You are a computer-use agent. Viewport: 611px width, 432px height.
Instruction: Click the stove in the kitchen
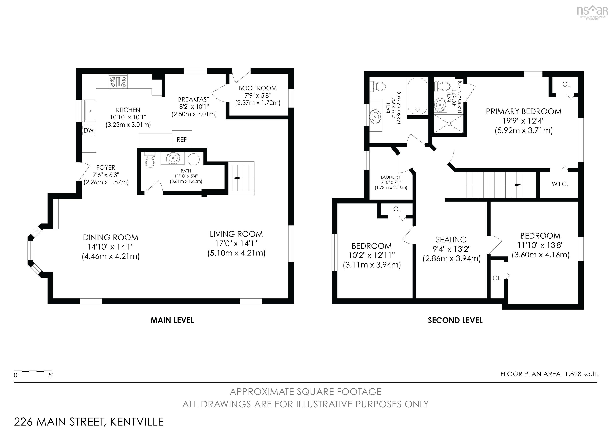pos(118,82)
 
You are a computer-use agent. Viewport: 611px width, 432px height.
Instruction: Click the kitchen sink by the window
pos(90,111)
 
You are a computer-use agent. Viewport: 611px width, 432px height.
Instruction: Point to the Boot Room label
pos(258,88)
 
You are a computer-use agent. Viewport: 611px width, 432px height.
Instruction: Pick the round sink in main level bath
pos(173,158)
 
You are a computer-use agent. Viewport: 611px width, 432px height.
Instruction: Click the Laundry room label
pos(391,177)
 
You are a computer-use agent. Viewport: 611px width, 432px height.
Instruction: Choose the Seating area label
pos(451,240)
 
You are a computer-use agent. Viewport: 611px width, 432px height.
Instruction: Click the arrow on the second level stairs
pos(518,185)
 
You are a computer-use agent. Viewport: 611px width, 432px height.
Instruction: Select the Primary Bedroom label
pos(524,111)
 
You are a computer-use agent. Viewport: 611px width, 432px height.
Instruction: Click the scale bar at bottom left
pos(33,371)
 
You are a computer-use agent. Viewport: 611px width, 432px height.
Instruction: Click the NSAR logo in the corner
pos(592,12)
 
